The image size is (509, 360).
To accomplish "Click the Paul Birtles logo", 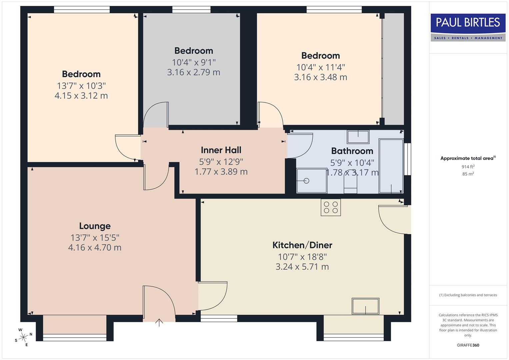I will coord(468,27).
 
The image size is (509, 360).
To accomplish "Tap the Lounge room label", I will coord(95,226).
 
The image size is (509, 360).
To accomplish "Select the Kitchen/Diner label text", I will coord(302,245).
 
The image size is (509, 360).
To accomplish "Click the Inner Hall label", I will coord(221,150).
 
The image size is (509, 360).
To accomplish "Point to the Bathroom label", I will coord(352,151).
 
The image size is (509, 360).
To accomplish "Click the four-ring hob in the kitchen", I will coord(331,207).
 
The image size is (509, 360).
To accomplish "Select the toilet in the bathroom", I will coord(350,183).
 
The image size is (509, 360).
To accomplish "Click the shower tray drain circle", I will coord(306,181).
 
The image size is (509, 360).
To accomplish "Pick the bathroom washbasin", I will coord(358,137).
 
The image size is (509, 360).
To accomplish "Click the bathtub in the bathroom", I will coord(391,166).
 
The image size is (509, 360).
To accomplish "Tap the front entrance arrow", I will coord(159,322).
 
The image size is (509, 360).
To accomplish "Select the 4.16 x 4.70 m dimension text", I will coord(95,248).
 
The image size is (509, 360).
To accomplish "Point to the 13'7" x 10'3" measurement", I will coord(81,86).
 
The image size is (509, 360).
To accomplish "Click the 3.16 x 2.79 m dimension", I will coord(194,72).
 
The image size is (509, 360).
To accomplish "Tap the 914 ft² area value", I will coord(468,167).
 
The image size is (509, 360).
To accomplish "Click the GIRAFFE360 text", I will coord(468,345).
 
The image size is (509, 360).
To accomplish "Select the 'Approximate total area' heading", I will coord(467,158).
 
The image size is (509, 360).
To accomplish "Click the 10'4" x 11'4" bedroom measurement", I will coord(321,67).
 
